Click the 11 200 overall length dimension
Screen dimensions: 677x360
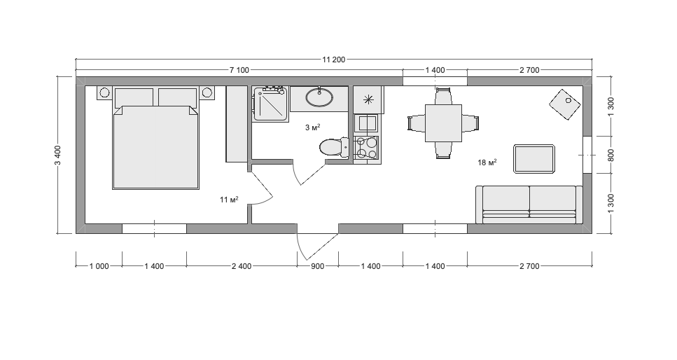334,60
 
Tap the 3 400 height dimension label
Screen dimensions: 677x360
58,155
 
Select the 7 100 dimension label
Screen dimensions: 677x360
239,70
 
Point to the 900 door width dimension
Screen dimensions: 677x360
317,266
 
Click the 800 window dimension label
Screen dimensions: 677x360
611,155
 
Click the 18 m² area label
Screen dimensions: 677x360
487,162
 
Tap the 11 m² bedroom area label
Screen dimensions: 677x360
229,199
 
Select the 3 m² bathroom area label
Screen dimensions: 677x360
312,127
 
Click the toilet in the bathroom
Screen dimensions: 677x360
334,147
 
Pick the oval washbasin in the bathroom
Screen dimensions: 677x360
319,97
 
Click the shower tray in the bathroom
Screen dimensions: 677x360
270,104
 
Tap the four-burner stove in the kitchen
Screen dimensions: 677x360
366,147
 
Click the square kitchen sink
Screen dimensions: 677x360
366,123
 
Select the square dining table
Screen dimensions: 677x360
443,123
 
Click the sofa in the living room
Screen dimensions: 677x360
529,205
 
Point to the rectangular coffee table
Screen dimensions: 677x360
534,159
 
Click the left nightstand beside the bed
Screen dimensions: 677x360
104,92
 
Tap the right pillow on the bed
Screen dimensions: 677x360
178,97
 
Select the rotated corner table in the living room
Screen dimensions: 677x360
565,104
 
